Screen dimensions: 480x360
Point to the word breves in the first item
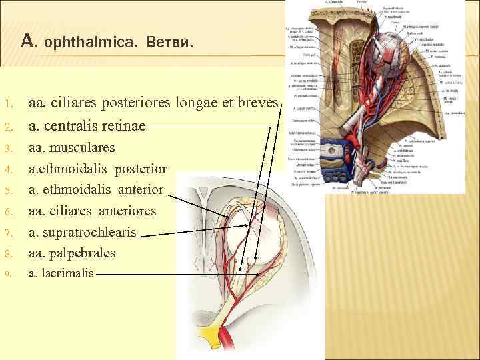pos(256,103)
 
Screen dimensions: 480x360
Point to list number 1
pos(6,105)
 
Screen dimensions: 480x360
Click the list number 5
pos(6,190)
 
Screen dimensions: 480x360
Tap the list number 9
pos(6,274)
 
